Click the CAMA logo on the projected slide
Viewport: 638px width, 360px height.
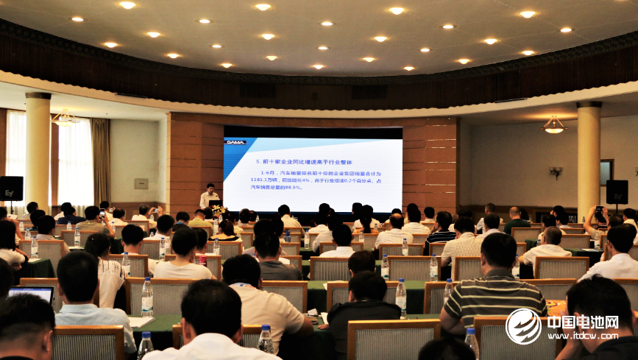[235, 143]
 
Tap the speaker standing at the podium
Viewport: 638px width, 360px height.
[210, 197]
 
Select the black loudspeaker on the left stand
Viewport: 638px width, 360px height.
[11, 188]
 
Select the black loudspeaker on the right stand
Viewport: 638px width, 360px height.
[617, 191]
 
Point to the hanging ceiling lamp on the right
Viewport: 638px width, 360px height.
[553, 126]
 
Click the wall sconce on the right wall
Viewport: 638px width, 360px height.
[556, 172]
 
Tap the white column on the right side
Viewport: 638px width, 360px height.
[588, 158]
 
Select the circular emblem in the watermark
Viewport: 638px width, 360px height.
[523, 326]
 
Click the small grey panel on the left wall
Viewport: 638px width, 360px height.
[141, 183]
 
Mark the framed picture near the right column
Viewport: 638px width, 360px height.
[606, 172]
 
